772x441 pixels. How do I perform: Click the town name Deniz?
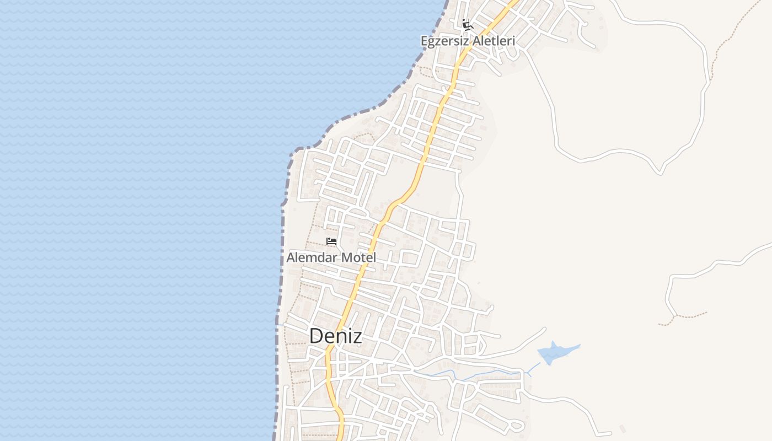pyautogui.click(x=335, y=336)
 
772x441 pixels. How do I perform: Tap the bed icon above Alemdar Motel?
pyautogui.click(x=331, y=241)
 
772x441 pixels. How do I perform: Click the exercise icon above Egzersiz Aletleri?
pyautogui.click(x=468, y=24)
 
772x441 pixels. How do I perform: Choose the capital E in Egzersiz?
pyautogui.click(x=424, y=41)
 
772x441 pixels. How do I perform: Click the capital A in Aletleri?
pyautogui.click(x=473, y=41)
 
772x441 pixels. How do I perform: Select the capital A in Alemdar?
pyautogui.click(x=291, y=257)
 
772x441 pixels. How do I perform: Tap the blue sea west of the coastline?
pyautogui.click(x=138, y=220)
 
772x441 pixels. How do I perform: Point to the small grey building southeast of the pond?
pyautogui.click(x=622, y=428)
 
